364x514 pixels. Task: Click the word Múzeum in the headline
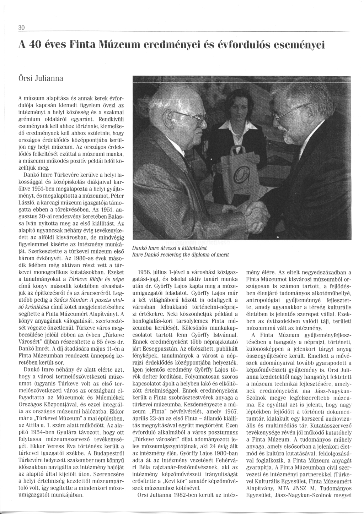[x=117, y=46]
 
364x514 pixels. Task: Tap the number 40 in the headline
[x=36, y=46]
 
